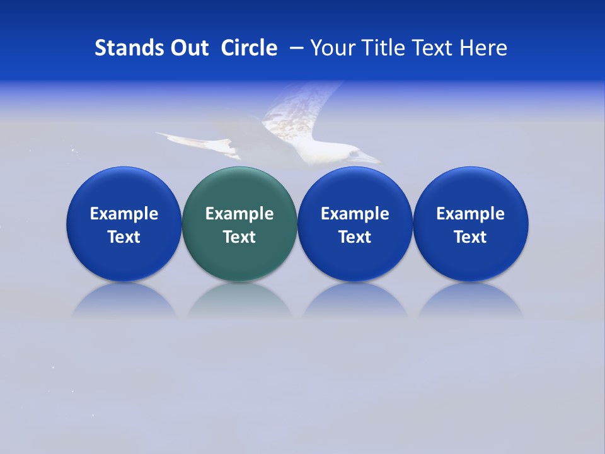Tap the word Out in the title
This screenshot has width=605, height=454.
click(x=187, y=48)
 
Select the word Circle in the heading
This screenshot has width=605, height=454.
click(x=249, y=48)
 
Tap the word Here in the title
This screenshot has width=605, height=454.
click(x=483, y=48)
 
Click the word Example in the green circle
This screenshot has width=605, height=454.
click(x=239, y=214)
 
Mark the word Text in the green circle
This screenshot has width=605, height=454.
click(x=239, y=237)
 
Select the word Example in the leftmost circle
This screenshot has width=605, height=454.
click(x=124, y=214)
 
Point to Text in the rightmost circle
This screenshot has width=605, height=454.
click(x=471, y=237)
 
